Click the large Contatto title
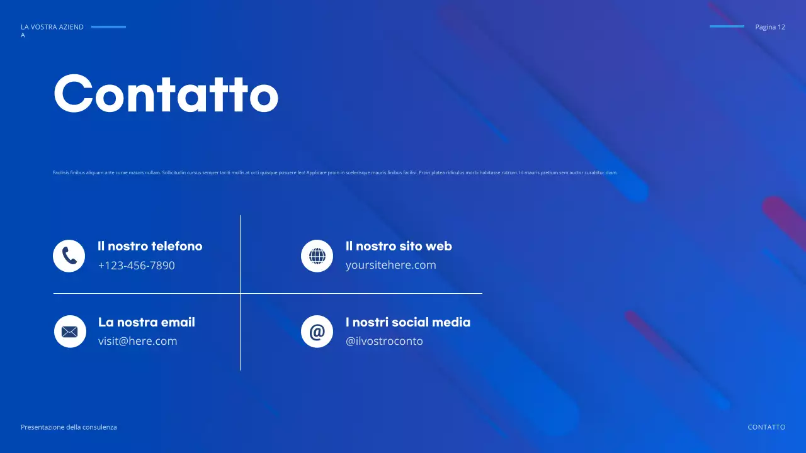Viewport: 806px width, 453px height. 166,94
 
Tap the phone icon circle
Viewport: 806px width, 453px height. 69,256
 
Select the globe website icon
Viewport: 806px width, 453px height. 317,256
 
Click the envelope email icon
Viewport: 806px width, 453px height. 70,332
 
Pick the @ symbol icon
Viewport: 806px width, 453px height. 317,332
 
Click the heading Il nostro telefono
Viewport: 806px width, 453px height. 150,246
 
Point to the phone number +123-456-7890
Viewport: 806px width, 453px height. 136,266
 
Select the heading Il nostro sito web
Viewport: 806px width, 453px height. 399,246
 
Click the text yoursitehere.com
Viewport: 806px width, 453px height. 390,265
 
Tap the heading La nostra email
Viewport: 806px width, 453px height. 147,322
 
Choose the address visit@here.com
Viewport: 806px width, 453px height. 137,341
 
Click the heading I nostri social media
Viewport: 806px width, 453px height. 408,322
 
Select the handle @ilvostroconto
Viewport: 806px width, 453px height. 384,341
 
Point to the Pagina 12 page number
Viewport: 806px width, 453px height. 770,27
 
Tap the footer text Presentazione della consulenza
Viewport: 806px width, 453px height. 69,427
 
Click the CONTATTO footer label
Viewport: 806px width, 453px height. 766,427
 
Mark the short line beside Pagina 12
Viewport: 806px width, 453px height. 727,26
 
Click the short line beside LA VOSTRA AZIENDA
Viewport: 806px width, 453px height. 108,27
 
